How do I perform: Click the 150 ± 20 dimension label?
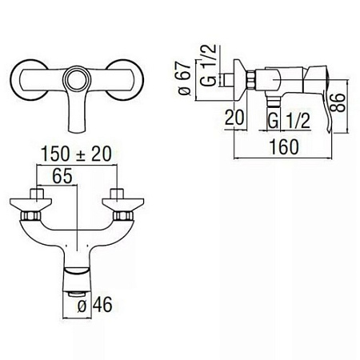coord(76,154)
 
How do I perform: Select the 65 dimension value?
coord(62,176)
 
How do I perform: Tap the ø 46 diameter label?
coord(94,305)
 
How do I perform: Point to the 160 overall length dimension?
coord(284,147)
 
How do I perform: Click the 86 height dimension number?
coord(338,102)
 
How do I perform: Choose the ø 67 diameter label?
coord(185,78)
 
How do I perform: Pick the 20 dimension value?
coord(234,118)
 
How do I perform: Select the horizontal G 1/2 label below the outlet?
coord(289,121)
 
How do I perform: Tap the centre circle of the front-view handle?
coord(77,79)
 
